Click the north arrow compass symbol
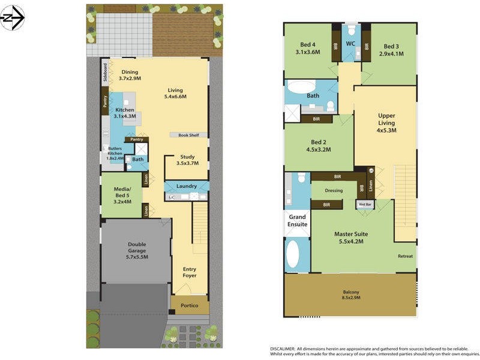point(13,18)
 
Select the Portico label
point(190,305)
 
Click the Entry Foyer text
point(190,273)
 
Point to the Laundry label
point(187,186)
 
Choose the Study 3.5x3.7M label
point(187,160)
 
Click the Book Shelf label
point(188,135)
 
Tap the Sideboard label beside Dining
point(105,71)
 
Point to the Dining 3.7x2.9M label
point(129,76)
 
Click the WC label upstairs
point(350,44)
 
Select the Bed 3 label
point(391,50)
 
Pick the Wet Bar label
point(365,205)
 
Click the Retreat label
point(405,256)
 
